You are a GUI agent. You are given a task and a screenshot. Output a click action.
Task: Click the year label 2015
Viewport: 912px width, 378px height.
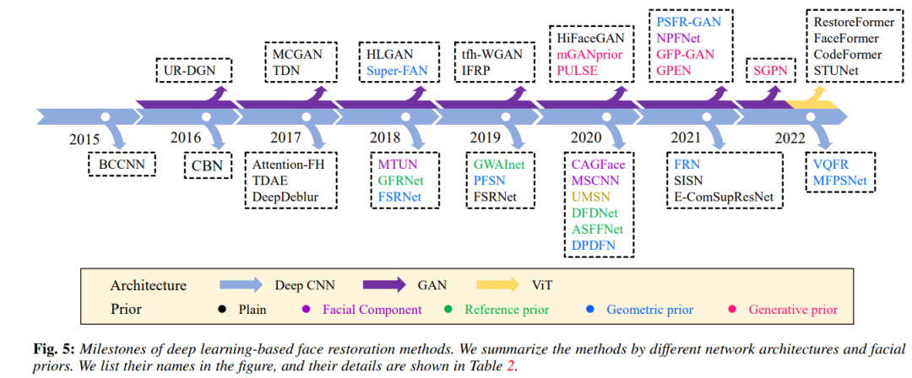pyautogui.click(x=86, y=139)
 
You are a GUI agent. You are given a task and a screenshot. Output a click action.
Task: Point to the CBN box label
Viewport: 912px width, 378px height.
pyautogui.click(x=206, y=165)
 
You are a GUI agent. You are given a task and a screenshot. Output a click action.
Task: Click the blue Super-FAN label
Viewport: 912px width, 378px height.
pyautogui.click(x=398, y=71)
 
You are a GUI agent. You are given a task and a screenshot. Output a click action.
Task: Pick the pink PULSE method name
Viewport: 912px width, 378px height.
pyautogui.click(x=578, y=71)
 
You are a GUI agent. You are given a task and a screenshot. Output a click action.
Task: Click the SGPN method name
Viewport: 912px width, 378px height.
pyautogui.click(x=768, y=71)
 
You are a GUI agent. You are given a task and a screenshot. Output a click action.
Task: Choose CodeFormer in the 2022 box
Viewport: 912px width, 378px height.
pyautogui.click(x=848, y=55)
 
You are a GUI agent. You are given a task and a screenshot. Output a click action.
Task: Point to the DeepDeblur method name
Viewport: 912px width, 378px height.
pyautogui.click(x=292, y=196)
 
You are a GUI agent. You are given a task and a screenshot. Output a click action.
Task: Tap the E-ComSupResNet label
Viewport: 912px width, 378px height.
pyautogui.click(x=723, y=196)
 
